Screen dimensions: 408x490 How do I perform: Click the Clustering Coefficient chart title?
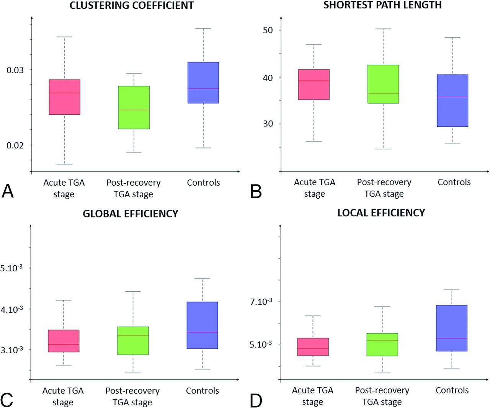(132, 5)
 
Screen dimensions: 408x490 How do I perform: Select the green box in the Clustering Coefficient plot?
(134, 108)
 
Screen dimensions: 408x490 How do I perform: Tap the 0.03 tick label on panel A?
(15, 70)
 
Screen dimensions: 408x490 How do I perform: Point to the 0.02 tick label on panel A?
(15, 145)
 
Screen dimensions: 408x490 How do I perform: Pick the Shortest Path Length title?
(382, 5)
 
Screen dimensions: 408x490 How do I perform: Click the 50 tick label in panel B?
(268, 30)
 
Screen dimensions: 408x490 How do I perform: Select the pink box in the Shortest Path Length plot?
(314, 85)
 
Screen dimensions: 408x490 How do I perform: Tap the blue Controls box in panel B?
(452, 101)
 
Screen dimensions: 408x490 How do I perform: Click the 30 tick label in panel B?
(268, 124)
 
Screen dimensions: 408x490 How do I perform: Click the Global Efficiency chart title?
(131, 214)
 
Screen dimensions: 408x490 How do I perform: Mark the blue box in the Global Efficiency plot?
(203, 325)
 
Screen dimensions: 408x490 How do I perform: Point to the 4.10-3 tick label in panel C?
(12, 309)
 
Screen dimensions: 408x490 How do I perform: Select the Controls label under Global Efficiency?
(203, 391)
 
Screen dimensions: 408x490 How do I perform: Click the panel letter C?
(7, 400)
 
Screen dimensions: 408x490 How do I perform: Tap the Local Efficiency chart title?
(381, 213)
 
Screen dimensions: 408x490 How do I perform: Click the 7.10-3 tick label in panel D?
(261, 302)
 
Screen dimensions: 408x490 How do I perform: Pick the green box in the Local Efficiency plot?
(382, 344)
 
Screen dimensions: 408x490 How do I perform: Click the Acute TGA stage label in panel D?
(313, 396)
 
